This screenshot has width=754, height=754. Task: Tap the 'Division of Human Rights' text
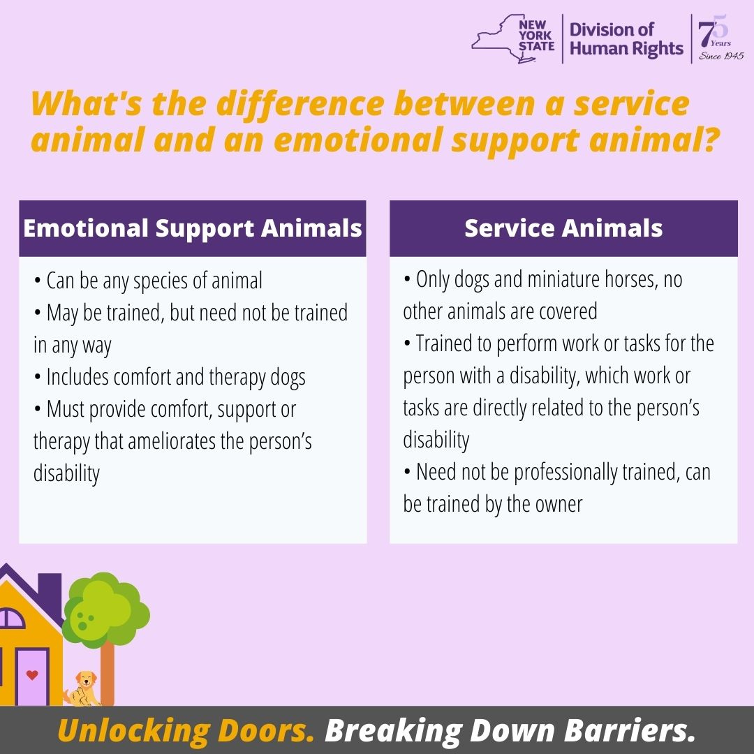click(x=626, y=39)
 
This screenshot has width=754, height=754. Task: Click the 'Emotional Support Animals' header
click(x=193, y=228)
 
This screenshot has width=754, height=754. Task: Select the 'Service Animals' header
click(x=563, y=228)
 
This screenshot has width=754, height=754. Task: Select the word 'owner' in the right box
click(x=559, y=504)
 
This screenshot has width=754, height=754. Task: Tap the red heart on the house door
click(x=31, y=675)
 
